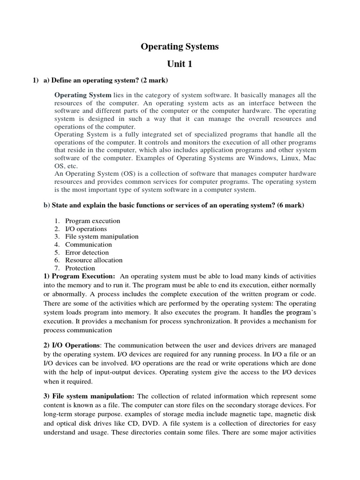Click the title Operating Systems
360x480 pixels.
(180, 47)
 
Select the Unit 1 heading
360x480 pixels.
(180, 64)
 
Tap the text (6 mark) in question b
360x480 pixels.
(289, 206)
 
